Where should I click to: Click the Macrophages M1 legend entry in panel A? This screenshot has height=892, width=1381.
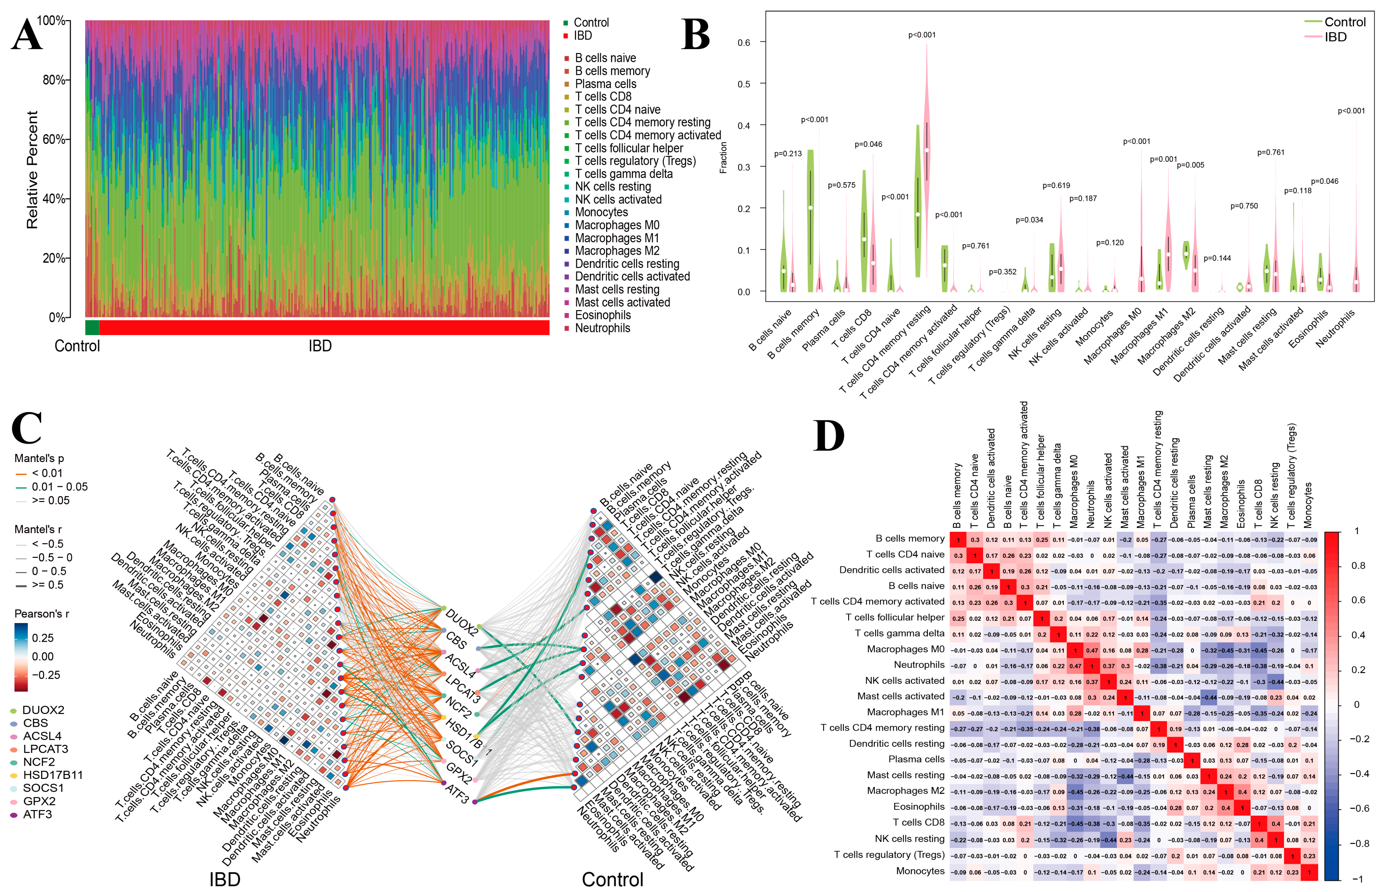click(x=616, y=238)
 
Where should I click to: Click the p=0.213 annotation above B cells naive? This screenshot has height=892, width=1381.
click(x=788, y=154)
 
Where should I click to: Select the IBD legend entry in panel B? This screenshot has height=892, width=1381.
click(x=1335, y=37)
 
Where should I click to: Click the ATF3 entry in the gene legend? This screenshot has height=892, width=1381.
click(x=37, y=814)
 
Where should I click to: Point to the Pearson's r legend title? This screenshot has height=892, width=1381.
click(x=42, y=613)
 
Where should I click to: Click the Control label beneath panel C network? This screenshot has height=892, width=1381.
click(x=612, y=879)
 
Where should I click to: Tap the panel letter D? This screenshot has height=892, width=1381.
click(x=829, y=436)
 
